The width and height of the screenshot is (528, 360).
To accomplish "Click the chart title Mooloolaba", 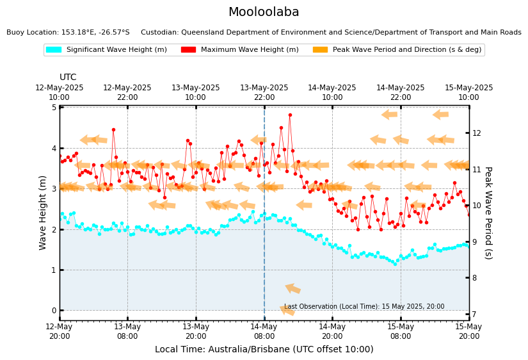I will pyautogui.click(x=264, y=12).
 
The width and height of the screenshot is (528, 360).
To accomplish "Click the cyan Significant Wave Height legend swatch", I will pyautogui.click(x=54, y=50).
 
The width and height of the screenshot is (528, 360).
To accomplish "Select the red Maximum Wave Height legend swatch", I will pyautogui.click(x=188, y=50).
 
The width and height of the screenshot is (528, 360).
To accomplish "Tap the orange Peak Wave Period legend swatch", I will pyautogui.click(x=320, y=50).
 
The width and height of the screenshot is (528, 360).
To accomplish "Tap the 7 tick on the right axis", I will pyautogui.click(x=475, y=314).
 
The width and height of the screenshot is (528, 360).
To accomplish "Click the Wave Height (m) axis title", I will pyautogui.click(x=43, y=212).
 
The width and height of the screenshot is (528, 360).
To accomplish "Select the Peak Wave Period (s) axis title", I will pyautogui.click(x=488, y=212).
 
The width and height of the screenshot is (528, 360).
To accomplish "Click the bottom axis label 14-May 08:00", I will pyautogui.click(x=264, y=331).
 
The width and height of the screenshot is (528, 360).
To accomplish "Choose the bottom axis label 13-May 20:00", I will pyautogui.click(x=196, y=331).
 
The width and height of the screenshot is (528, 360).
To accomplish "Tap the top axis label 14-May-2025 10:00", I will pyautogui.click(x=332, y=92).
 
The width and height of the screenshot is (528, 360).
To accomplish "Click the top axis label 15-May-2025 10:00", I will pyautogui.click(x=468, y=92).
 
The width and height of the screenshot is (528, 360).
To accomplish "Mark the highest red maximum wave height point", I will pyautogui.click(x=290, y=115).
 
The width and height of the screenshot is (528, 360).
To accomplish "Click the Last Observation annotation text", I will pyautogui.click(x=364, y=307).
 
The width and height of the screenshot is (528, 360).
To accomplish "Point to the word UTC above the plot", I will pyautogui.click(x=68, y=78).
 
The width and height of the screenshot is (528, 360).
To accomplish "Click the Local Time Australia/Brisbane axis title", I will pyautogui.click(x=264, y=349).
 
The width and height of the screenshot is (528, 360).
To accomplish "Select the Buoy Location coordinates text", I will pyautogui.click(x=68, y=32).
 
